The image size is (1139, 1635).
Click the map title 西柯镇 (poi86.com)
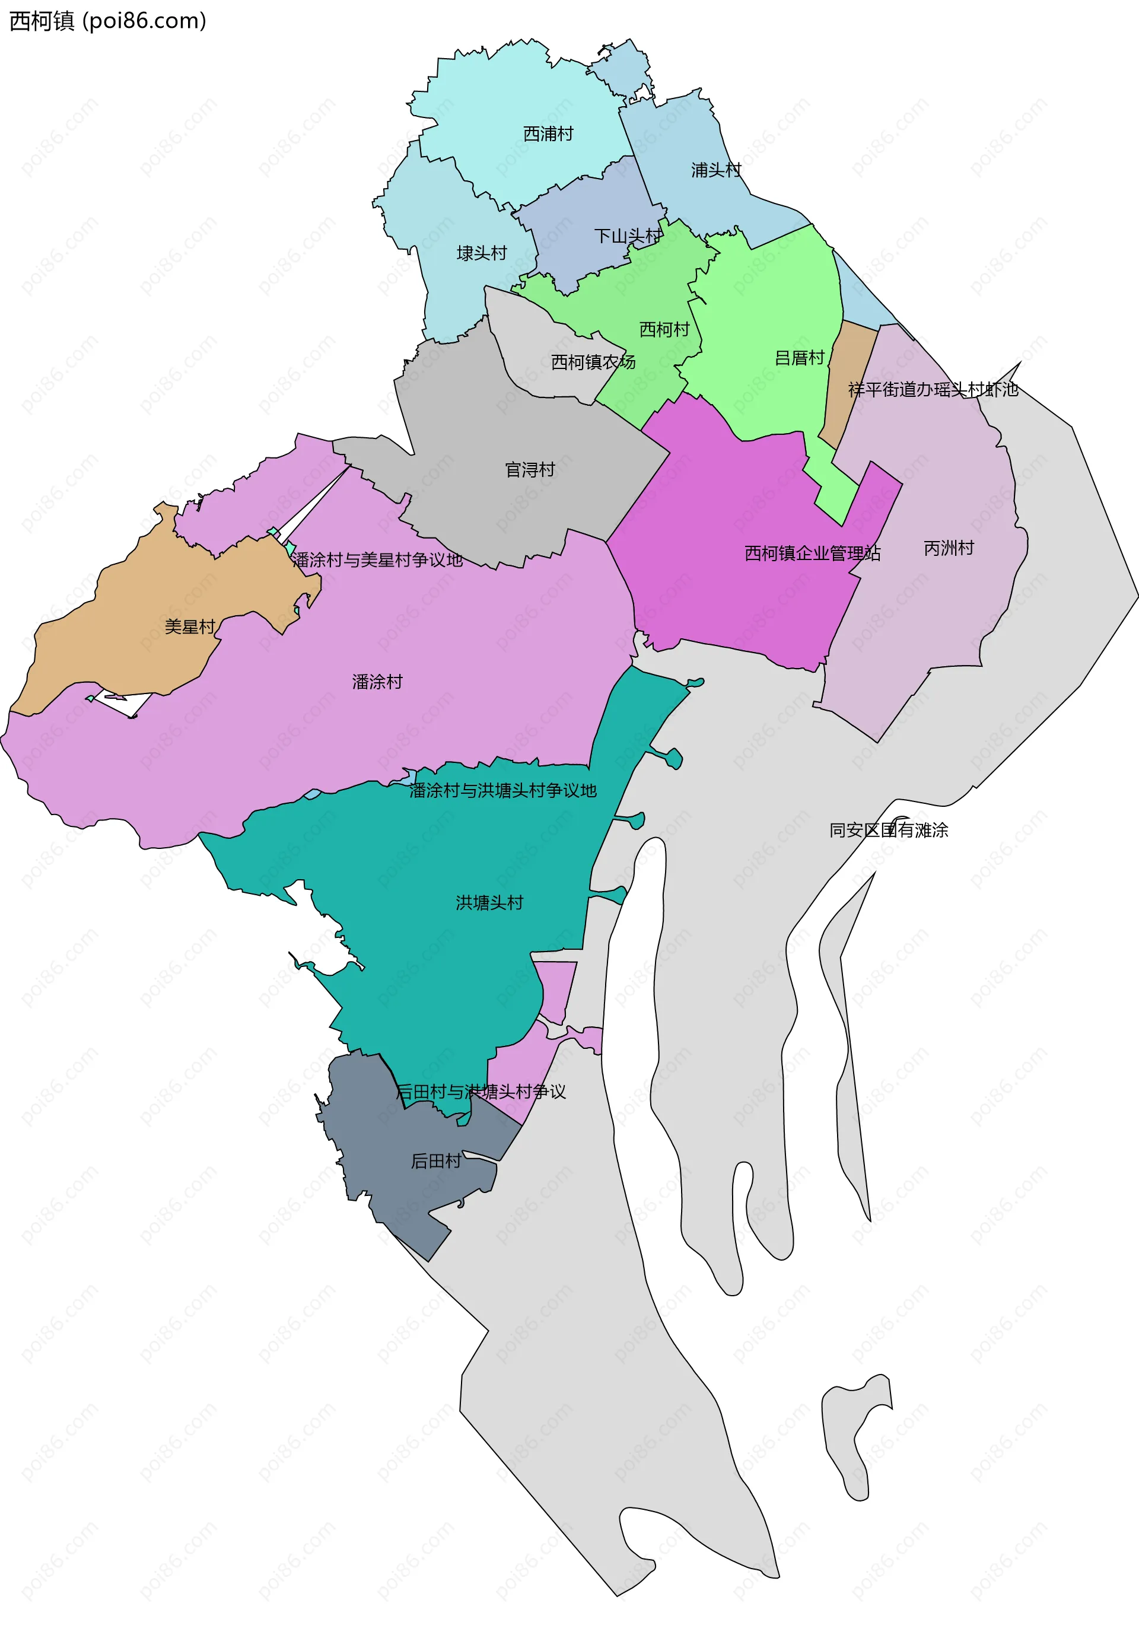pyautogui.click(x=107, y=21)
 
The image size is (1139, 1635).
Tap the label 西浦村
pyautogui.click(x=548, y=134)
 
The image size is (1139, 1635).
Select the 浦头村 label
pyautogui.click(x=715, y=170)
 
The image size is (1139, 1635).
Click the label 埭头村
pyautogui.click(x=481, y=253)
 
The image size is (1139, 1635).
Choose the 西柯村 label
pyautogui.click(x=664, y=329)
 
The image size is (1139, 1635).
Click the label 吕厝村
pyautogui.click(x=798, y=358)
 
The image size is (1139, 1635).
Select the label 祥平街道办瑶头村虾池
pyautogui.click(x=933, y=390)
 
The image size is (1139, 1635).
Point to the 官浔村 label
pyautogui.click(x=529, y=469)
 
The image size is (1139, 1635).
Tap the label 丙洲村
pyautogui.click(x=948, y=548)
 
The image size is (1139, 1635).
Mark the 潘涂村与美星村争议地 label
pyautogui.click(x=377, y=559)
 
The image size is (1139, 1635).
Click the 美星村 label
pyautogui.click(x=189, y=626)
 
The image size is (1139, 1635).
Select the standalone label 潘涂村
pyautogui.click(x=377, y=682)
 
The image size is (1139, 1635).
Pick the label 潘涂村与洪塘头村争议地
pyautogui.click(x=502, y=790)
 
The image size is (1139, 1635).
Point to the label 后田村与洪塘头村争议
pyautogui.click(x=481, y=1092)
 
